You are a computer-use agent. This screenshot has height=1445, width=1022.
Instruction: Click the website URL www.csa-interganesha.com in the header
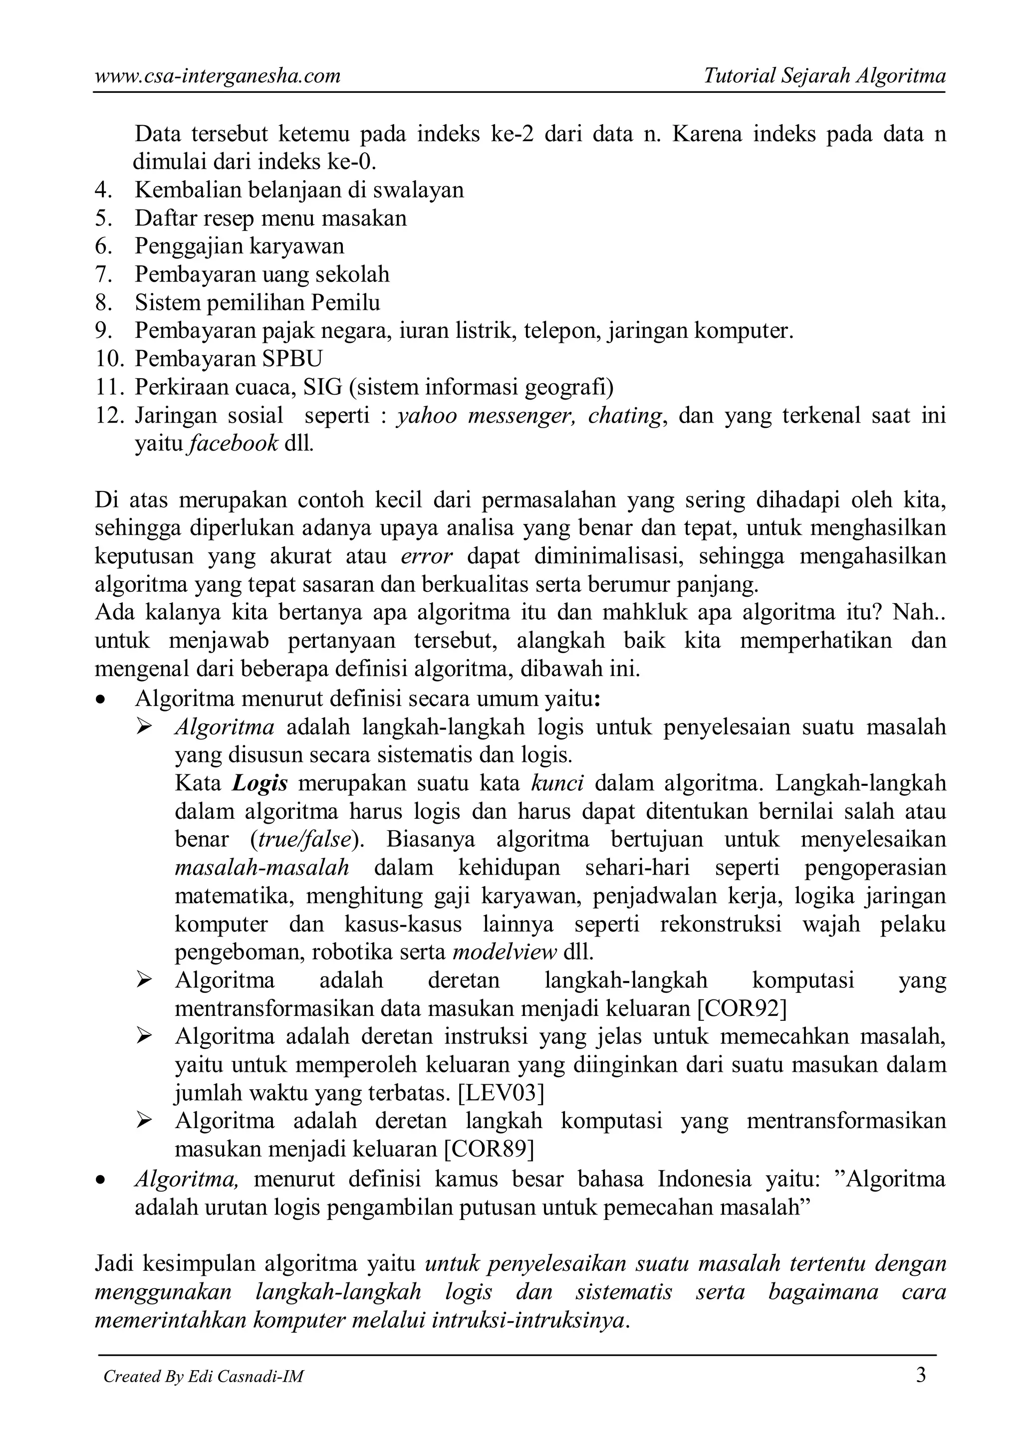coord(217,76)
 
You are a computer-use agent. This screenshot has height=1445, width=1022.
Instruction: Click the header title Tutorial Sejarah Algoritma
coord(824,76)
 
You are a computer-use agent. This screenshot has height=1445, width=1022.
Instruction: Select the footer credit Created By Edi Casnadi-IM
coord(203,1394)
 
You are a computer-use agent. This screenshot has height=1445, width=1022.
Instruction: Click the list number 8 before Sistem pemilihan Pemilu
coord(103,303)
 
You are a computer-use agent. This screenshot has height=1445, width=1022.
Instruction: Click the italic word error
coord(426,556)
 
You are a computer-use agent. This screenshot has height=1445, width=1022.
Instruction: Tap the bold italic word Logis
coord(260,783)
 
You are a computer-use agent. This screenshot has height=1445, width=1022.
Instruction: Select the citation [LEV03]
coord(501,1093)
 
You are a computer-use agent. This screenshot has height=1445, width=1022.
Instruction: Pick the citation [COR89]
coord(489,1149)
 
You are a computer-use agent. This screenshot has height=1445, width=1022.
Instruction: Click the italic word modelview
coord(505,952)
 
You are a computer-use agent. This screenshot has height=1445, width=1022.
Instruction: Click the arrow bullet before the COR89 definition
coord(145,1120)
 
